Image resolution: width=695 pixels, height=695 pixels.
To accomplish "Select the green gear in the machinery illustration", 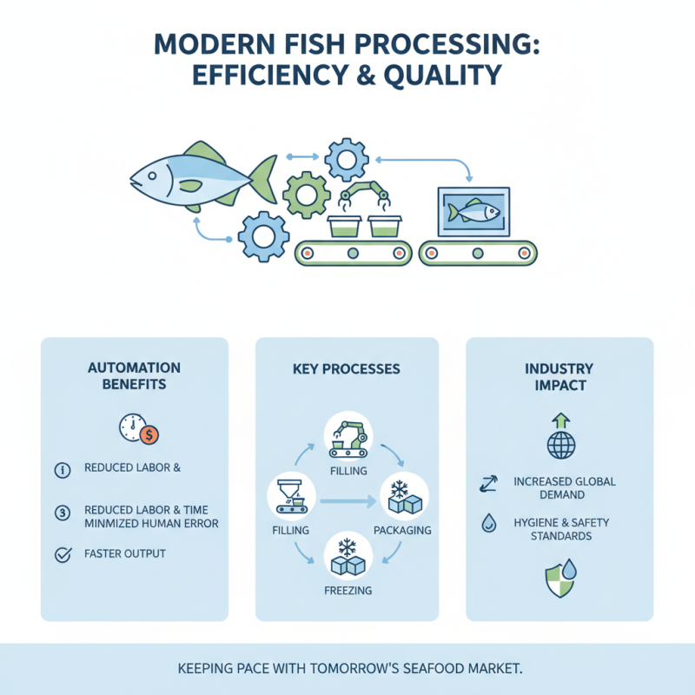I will (x=307, y=194).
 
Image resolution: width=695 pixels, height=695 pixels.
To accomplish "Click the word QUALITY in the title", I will (x=446, y=76).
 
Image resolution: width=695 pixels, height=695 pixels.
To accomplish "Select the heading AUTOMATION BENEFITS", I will (x=134, y=376).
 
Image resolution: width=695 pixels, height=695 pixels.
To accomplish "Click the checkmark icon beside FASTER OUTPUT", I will (x=63, y=554).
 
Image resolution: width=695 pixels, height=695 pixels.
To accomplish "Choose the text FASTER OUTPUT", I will (x=125, y=553).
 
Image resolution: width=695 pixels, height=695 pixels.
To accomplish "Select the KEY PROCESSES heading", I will (x=347, y=369).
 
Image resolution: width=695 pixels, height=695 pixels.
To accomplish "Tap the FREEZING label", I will (x=347, y=591).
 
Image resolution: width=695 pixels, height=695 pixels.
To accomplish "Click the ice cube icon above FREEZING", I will (x=347, y=557).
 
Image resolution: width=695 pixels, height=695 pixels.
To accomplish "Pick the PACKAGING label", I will (x=402, y=530).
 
